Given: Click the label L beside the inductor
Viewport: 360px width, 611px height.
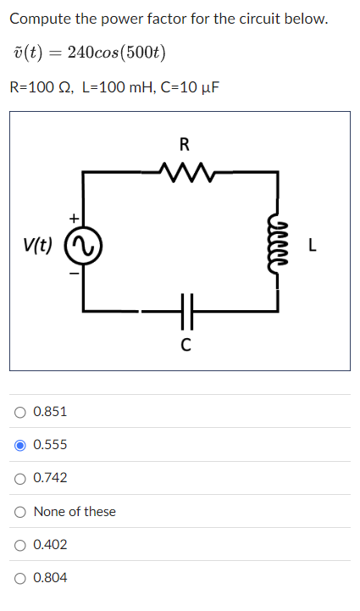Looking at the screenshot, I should click(x=313, y=247).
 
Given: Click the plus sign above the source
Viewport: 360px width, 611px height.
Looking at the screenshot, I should click(x=74, y=219).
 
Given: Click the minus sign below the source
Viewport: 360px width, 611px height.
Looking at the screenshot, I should click(x=74, y=273).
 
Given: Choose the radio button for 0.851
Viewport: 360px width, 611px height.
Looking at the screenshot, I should click(x=19, y=412).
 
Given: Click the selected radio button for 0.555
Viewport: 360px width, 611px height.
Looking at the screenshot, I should click(x=19, y=445).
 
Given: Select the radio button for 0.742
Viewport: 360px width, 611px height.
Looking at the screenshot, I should click(x=19, y=478).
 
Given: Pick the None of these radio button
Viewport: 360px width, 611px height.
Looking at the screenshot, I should click(x=19, y=512).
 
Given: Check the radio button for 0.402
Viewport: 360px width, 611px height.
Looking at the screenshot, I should click(x=19, y=545).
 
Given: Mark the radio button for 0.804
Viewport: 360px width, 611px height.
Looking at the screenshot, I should click(x=19, y=578).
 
